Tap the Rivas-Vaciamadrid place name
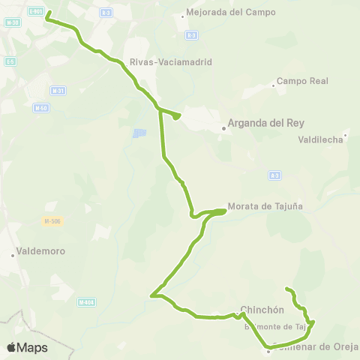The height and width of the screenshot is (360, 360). pyautogui.click(x=171, y=62)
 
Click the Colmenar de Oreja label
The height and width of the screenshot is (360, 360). pyautogui.click(x=316, y=346)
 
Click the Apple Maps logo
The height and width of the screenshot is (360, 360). pyautogui.click(x=27, y=347)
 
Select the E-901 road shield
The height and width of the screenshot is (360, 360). pyautogui.click(x=34, y=11)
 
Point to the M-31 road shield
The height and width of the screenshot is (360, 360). pyautogui.click(x=57, y=91)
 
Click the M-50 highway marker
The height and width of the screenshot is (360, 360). pyautogui.click(x=41, y=107)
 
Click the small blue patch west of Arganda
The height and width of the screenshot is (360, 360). pyautogui.click(x=139, y=133)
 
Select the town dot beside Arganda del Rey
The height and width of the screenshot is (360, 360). pyautogui.click(x=223, y=128)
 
